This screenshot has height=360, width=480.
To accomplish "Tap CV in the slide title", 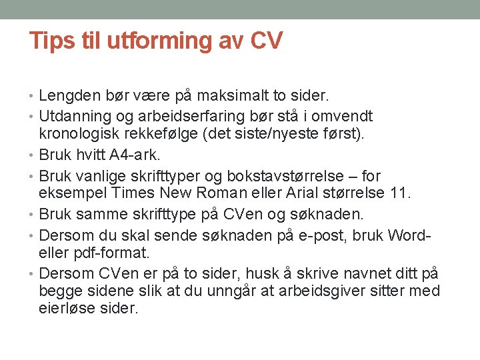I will coord(267,41).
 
